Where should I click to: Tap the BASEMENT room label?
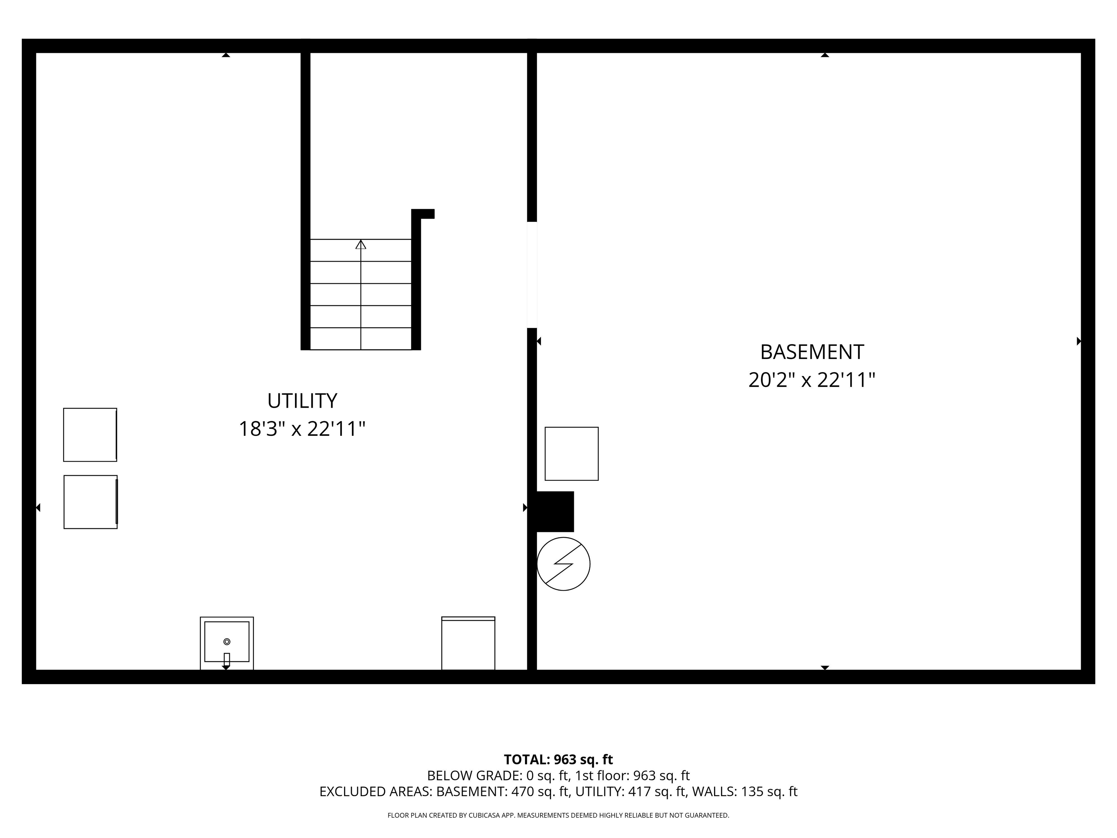point(812,352)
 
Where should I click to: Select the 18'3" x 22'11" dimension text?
point(302,429)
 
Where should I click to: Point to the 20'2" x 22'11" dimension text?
point(812,380)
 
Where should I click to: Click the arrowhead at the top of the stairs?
point(361,244)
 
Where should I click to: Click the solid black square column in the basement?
point(555,512)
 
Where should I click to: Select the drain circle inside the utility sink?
point(227,642)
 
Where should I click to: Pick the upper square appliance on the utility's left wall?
point(90,435)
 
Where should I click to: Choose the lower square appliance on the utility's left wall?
point(91,502)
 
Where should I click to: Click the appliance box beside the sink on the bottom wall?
point(468,643)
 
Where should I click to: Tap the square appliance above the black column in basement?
point(572,454)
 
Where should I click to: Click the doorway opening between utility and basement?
point(532,275)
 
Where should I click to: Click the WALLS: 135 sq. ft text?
point(744,791)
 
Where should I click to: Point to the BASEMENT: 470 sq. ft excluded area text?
point(503,791)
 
